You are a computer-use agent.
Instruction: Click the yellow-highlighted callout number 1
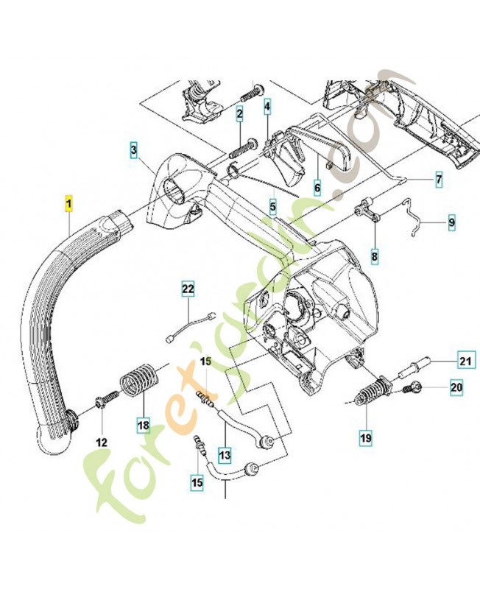(69, 203)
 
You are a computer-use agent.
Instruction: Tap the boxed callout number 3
(134, 152)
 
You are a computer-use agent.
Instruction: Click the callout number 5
(273, 208)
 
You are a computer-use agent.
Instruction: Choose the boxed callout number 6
(318, 188)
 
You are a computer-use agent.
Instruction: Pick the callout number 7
(439, 179)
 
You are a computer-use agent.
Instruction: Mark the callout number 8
(375, 257)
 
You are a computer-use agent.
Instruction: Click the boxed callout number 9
(452, 220)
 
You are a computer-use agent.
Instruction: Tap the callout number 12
(102, 442)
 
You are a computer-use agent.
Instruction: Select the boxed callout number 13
(224, 454)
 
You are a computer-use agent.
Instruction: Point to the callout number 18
(142, 424)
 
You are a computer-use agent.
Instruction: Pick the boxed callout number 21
(465, 361)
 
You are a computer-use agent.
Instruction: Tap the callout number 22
(188, 290)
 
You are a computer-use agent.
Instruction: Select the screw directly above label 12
(105, 398)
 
